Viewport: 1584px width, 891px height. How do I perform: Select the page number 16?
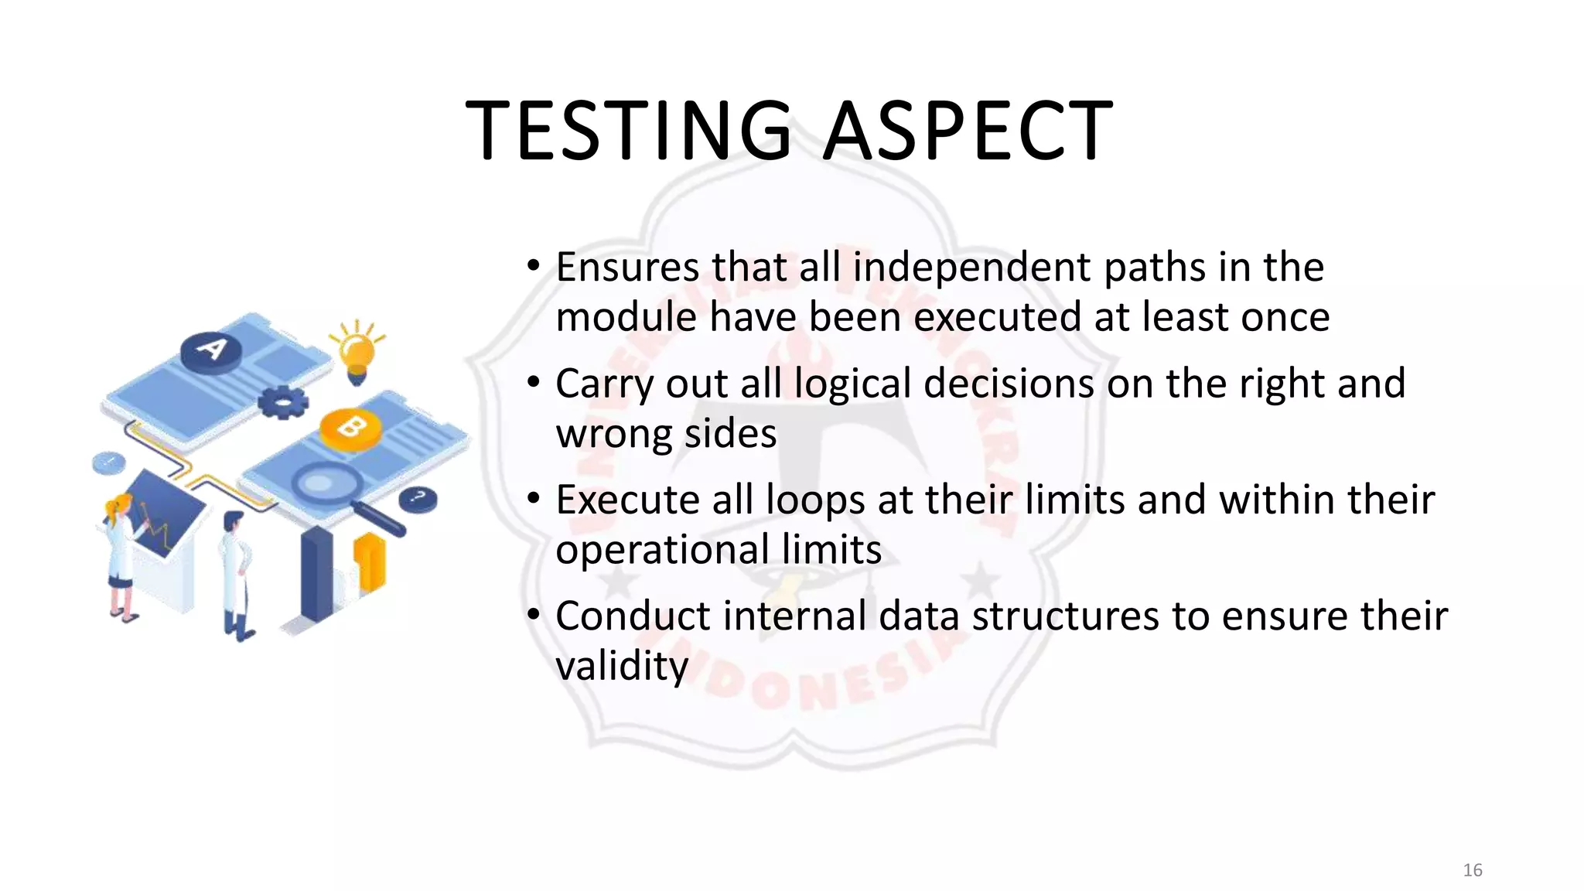coord(1472,870)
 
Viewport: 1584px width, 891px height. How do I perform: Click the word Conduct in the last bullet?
coord(633,616)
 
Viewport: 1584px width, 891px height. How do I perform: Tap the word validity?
coord(621,667)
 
